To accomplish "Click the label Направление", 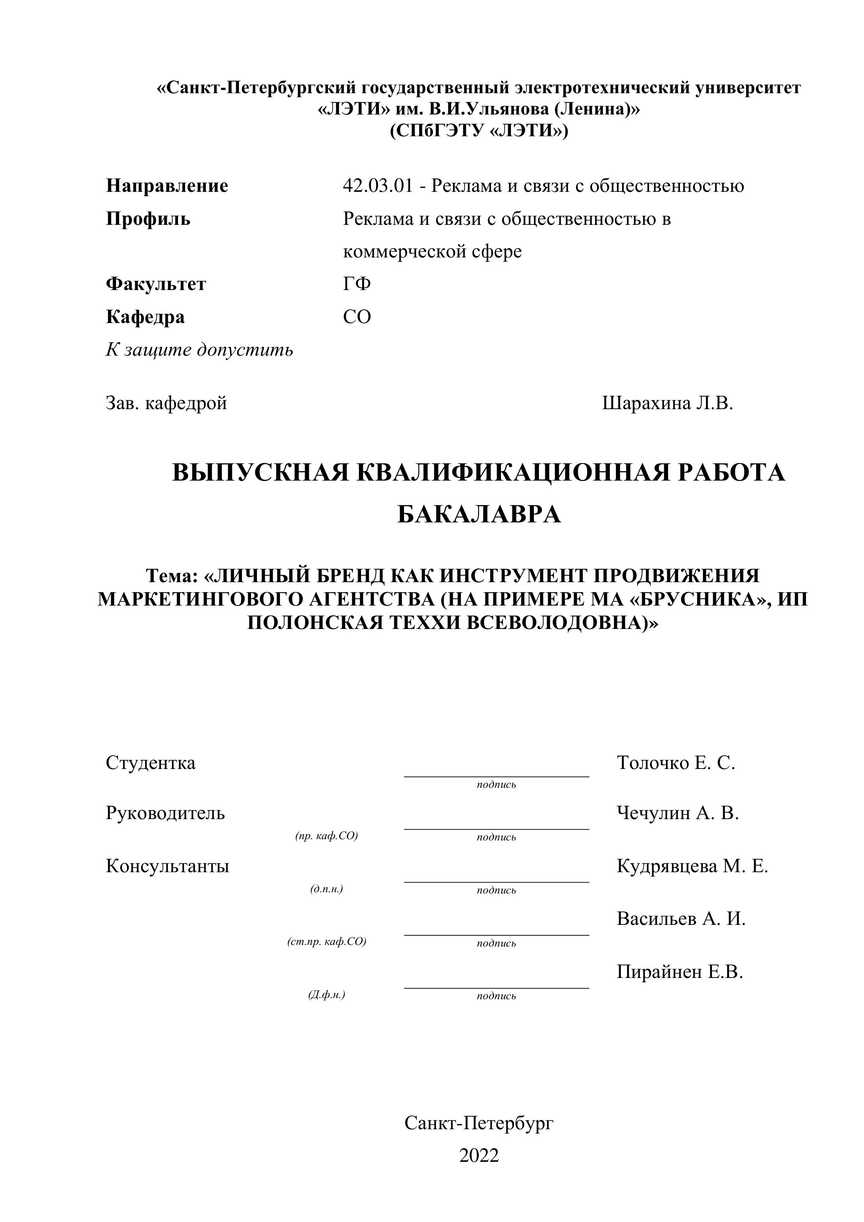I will point(167,186).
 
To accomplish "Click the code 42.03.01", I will point(378,186).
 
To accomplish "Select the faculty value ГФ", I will point(357,284).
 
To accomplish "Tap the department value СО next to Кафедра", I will point(357,317).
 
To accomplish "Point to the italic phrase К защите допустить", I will point(200,350).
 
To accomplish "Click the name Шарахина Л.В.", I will point(668,403).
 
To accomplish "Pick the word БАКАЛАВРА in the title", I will point(479,514).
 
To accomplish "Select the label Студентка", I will point(150,763).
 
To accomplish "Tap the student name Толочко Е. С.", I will point(676,763).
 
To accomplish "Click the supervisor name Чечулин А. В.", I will point(678,813).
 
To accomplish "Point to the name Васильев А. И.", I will point(681,918).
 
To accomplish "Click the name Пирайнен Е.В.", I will point(679,972).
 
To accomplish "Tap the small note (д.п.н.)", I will point(326,889).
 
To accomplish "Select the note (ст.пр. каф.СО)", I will point(327,942).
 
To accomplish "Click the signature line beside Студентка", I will point(496,776).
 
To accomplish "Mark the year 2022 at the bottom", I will point(479,1156).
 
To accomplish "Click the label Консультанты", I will point(168,866).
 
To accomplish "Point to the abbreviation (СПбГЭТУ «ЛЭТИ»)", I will point(479,130).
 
